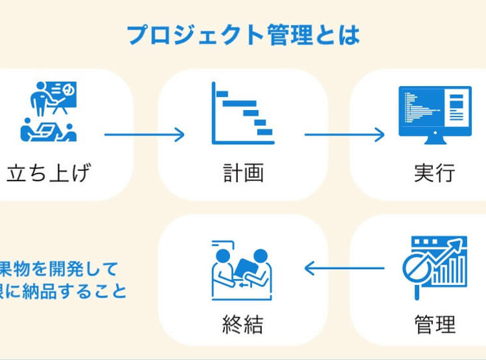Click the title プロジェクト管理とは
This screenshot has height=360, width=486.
(x=243, y=34)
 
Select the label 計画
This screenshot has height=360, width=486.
(x=242, y=173)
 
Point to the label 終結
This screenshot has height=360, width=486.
(x=242, y=323)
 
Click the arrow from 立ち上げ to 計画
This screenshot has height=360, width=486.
(x=144, y=135)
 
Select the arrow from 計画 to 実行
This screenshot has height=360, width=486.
(x=344, y=135)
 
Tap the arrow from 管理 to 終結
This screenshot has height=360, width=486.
(x=344, y=267)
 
